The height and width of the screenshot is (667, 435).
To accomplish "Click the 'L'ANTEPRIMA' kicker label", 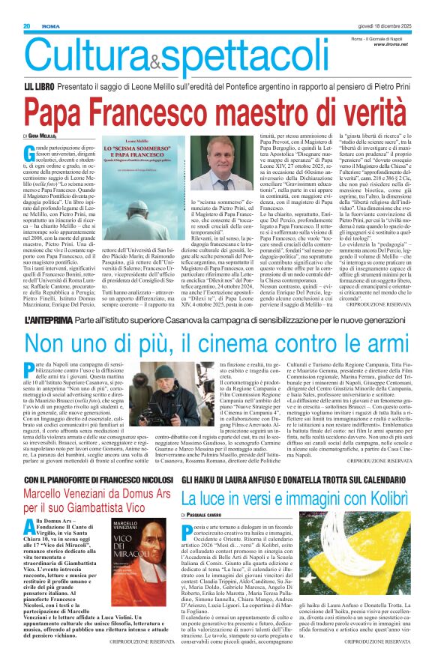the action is (x=50, y=298).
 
